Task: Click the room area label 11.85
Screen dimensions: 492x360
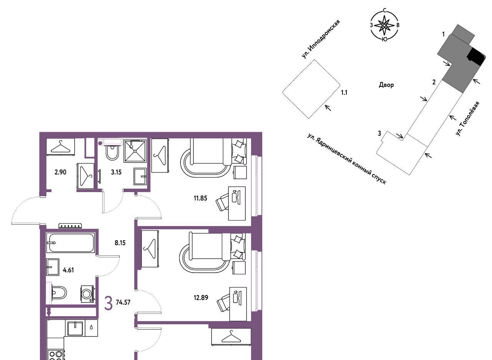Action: click(200, 198)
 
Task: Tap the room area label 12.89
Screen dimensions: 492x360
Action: click(201, 298)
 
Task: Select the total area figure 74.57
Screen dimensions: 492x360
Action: click(123, 302)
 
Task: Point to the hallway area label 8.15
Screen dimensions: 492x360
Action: click(120, 243)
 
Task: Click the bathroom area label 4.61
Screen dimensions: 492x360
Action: click(68, 270)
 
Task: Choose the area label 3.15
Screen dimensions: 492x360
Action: click(116, 173)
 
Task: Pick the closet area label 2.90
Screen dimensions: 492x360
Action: click(60, 173)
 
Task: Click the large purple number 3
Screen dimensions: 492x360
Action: click(108, 304)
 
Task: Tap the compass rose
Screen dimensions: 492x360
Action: click(384, 25)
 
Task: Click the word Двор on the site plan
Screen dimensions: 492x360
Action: click(386, 85)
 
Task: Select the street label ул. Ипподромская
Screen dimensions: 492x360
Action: click(321, 39)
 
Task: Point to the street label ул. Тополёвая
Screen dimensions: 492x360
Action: click(467, 119)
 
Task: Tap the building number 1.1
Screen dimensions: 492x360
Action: click(344, 93)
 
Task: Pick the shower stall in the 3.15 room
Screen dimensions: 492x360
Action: click(135, 151)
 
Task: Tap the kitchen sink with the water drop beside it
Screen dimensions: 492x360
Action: click(75, 328)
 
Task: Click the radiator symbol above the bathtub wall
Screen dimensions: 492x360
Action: click(70, 226)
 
